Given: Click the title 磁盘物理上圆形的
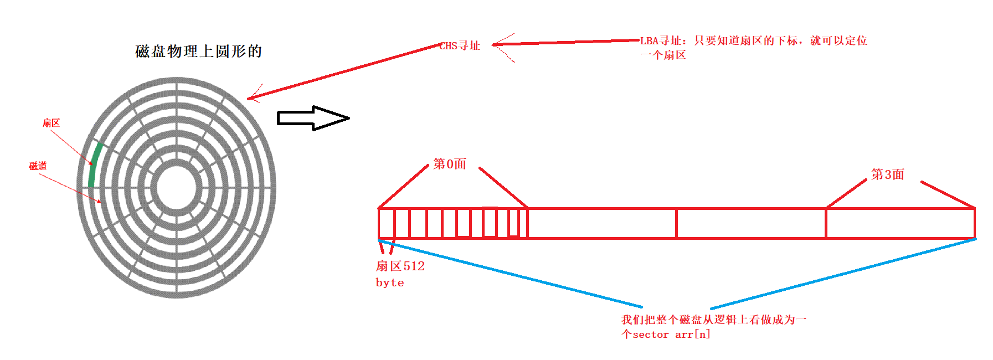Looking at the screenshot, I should pos(198,52).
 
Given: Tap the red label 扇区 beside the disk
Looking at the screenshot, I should pos(51,123).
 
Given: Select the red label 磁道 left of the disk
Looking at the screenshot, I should pos(38,166).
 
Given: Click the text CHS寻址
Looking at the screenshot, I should pos(460,46).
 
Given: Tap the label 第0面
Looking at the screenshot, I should pos(449,164).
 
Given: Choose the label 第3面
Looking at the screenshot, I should pos(887,174).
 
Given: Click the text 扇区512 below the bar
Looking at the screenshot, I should pos(400,266).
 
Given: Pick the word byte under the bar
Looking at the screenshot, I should pos(390,282).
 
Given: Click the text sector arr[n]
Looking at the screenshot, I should pos(671,335).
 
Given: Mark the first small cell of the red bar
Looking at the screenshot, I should pos(386,223).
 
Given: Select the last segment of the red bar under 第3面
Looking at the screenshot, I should pos(900,223).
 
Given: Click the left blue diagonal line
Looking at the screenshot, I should pos(510,273).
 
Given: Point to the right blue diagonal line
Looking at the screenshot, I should pos(842,274).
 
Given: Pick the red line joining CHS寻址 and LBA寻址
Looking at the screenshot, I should pos(565,42).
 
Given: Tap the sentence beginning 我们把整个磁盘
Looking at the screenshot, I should pos(713,320).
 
